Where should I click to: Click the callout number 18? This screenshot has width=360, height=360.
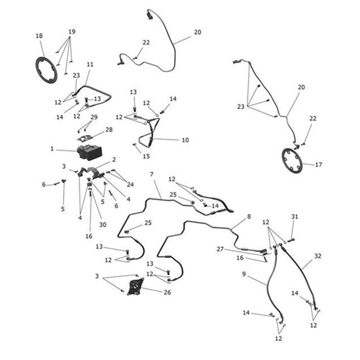click(x=39, y=35)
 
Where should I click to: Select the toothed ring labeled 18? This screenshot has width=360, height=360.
click(x=46, y=70)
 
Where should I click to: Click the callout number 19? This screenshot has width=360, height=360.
click(x=71, y=31)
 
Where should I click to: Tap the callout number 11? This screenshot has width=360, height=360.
click(x=90, y=64)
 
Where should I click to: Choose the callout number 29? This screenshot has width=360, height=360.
click(x=94, y=117)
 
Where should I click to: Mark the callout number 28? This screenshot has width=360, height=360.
click(x=109, y=130)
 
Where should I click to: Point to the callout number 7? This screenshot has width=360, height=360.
click(x=151, y=175)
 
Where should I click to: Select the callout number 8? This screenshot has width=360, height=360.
click(x=248, y=216)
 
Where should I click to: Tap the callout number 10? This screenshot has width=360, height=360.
click(x=185, y=140)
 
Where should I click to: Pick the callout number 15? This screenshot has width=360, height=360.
click(x=147, y=156)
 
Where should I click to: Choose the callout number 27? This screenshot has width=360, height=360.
click(x=221, y=249)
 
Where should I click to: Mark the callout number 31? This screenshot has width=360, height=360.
click(x=295, y=217)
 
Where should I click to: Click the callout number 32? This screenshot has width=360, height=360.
click(x=317, y=255)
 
